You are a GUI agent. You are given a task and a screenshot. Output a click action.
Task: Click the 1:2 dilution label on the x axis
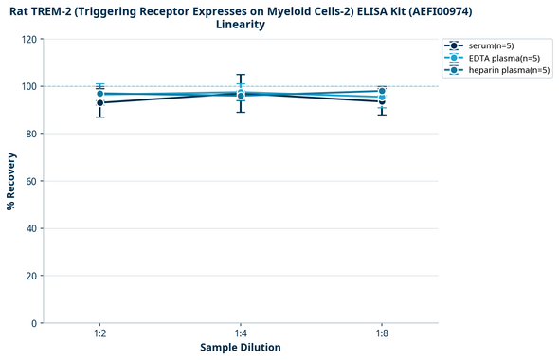click(99, 334)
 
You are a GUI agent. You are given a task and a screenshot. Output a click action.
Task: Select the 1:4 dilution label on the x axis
click(241, 334)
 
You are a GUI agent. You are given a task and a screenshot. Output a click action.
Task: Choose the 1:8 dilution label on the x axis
click(382, 334)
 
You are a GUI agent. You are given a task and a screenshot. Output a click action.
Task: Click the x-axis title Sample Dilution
click(241, 348)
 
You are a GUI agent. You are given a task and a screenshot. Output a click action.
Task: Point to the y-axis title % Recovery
click(11, 181)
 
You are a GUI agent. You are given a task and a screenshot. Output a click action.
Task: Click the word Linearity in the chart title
click(241, 25)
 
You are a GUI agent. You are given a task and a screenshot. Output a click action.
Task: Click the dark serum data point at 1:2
click(99, 102)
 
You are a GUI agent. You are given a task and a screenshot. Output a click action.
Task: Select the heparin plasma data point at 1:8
click(382, 91)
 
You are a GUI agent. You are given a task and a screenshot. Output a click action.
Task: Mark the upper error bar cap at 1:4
click(241, 75)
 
